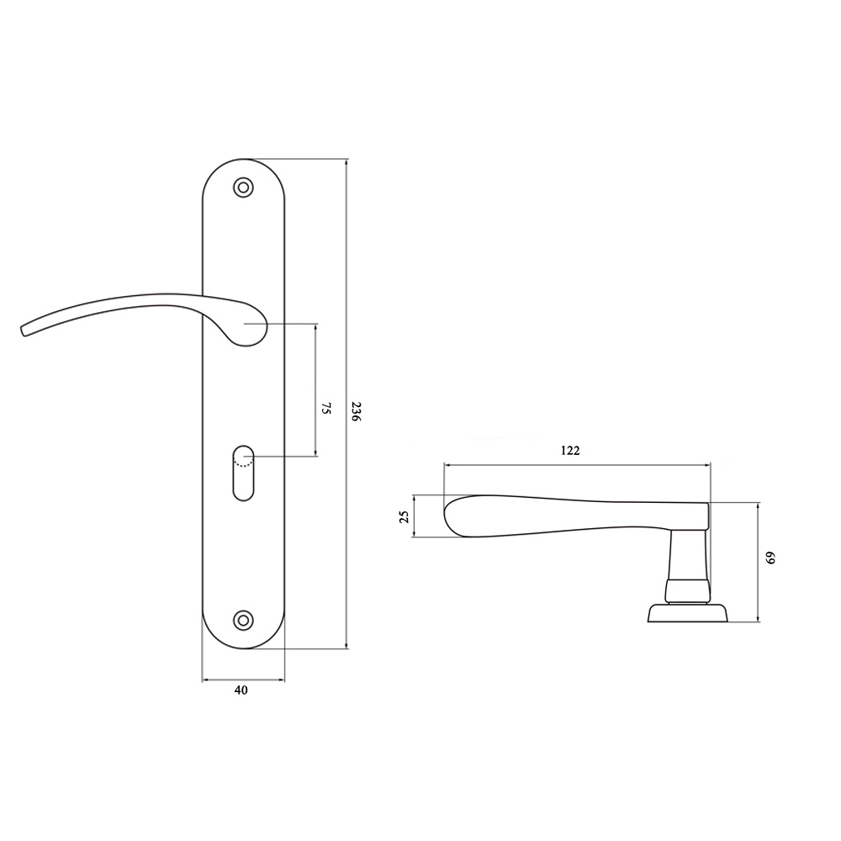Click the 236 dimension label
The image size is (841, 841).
[x=356, y=411]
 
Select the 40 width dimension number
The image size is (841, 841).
[x=241, y=690]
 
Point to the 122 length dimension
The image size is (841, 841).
[x=570, y=451]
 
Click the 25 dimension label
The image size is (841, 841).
[x=405, y=516]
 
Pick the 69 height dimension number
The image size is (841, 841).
[x=770, y=558]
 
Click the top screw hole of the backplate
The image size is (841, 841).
[x=244, y=188]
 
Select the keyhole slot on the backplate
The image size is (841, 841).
[x=244, y=473]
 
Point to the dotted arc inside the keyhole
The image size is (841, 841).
[x=244, y=464]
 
